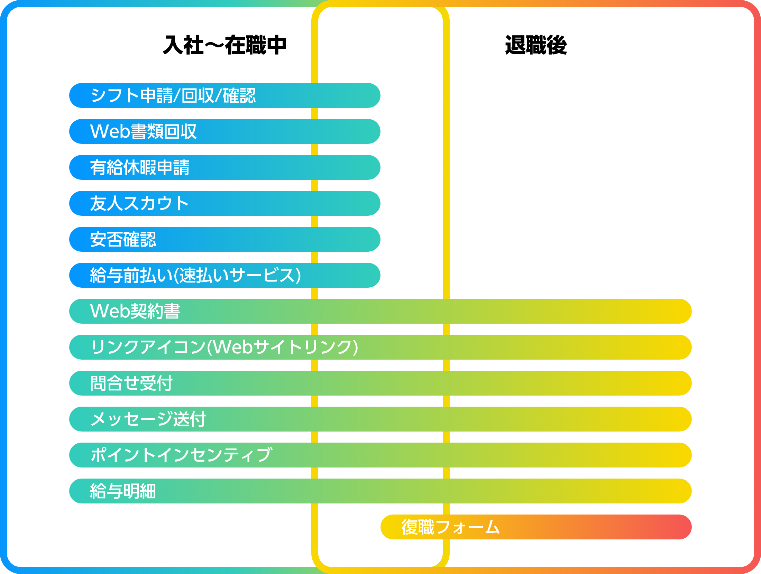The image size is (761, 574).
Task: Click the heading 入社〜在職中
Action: [224, 45]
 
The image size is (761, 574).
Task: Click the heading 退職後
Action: [536, 45]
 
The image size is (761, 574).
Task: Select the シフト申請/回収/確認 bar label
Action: [173, 95]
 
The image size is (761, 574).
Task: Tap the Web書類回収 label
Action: [143, 131]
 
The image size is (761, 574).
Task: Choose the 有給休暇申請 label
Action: [140, 167]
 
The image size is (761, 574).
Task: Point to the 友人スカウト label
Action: [139, 203]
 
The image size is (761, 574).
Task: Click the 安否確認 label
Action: [123, 239]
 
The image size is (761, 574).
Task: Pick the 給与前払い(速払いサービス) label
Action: [195, 275]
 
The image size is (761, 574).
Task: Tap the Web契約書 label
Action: [135, 311]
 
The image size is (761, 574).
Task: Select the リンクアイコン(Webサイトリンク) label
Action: [224, 347]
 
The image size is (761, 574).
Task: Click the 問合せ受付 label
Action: [131, 383]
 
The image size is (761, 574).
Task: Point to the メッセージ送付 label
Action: [148, 419]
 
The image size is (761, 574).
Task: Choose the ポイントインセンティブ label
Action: [182, 455]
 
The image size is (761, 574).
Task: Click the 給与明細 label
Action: [123, 491]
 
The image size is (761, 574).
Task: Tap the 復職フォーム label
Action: [451, 527]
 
